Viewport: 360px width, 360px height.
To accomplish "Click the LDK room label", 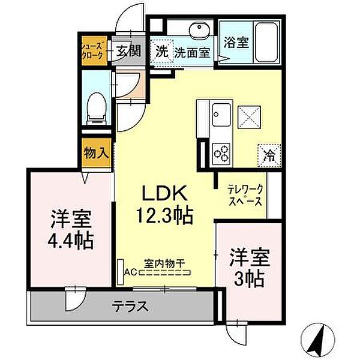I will click(x=166, y=194).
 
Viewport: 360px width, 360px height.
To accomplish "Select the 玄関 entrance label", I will click(x=127, y=51).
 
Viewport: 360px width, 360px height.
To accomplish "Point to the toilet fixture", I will click(x=95, y=109).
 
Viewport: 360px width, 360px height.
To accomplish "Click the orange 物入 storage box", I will click(x=96, y=153).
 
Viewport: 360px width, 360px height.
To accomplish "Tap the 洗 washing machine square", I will click(x=161, y=51).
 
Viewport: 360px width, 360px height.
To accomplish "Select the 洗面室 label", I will click(x=192, y=52).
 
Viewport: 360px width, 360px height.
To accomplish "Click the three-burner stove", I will click(x=221, y=151).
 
